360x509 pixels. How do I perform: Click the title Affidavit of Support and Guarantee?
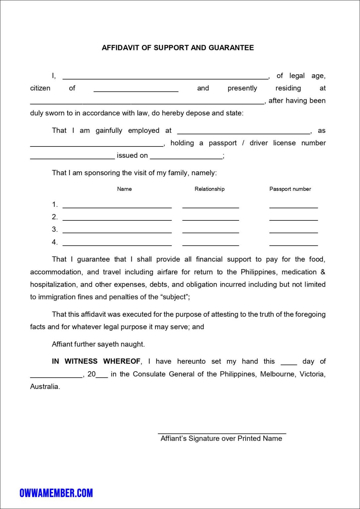[178, 48]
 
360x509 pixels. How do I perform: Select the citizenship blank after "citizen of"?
[136, 90]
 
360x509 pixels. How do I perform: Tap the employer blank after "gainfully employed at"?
[244, 133]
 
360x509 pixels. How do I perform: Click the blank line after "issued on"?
[186, 158]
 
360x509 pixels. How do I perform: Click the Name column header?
[124, 189]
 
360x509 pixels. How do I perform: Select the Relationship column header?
[210, 189]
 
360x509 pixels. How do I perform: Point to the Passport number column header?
[290, 189]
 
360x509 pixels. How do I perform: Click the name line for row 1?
[117, 207]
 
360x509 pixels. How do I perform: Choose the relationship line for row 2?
[210, 219]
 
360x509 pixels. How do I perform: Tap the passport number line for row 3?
[293, 232]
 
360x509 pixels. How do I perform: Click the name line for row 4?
[117, 245]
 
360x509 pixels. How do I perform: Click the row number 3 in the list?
[54, 229]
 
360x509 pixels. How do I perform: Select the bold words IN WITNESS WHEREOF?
[96, 361]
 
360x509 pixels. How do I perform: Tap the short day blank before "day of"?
[289, 364]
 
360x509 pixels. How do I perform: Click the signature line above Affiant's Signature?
[222, 433]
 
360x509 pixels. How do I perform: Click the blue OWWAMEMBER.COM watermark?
[56, 493]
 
